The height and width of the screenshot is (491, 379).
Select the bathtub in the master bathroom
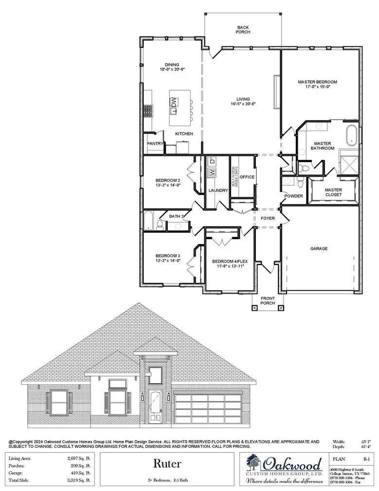point(350,135)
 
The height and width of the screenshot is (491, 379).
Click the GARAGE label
point(319,248)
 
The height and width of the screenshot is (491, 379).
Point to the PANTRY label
point(154,144)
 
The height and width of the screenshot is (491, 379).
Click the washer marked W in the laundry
point(212,172)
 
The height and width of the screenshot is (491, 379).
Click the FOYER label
point(268,219)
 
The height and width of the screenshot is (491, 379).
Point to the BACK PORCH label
point(243,30)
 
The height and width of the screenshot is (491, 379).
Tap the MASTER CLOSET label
point(334,192)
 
